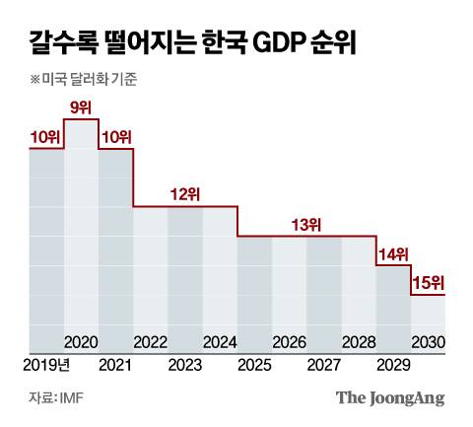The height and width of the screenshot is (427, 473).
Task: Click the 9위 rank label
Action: [x=81, y=107]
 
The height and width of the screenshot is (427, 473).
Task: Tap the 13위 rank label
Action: [x=306, y=225]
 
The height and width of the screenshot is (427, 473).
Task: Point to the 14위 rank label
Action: [x=393, y=254]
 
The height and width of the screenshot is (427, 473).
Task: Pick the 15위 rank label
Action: [x=428, y=284]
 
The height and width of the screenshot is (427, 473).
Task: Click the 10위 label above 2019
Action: [x=45, y=136]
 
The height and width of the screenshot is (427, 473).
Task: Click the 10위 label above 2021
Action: [x=115, y=136]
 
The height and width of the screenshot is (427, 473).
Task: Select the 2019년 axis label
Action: [x=44, y=366]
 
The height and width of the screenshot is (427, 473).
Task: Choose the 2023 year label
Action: [x=185, y=366]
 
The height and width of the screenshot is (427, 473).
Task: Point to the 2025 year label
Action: [x=254, y=366]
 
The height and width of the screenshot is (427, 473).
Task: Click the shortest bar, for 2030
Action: [x=428, y=316]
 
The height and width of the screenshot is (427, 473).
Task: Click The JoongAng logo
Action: [x=390, y=397]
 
